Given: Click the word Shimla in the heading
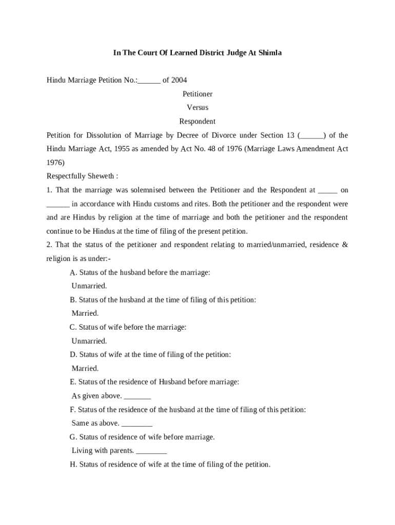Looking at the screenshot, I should [269, 53].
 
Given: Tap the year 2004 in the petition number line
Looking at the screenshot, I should [179, 80].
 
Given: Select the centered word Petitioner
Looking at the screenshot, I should [197, 94].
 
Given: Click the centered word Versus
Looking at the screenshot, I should [197, 108].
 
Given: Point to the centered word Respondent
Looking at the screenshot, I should [197, 122].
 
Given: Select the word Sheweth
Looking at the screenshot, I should [102, 176].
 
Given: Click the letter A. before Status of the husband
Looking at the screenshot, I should [73, 273].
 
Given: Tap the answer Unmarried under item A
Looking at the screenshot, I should [89, 286].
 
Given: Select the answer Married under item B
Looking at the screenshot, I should [85, 313].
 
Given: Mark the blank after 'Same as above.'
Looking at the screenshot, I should [137, 424].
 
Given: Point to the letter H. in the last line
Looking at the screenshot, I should [73, 465].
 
